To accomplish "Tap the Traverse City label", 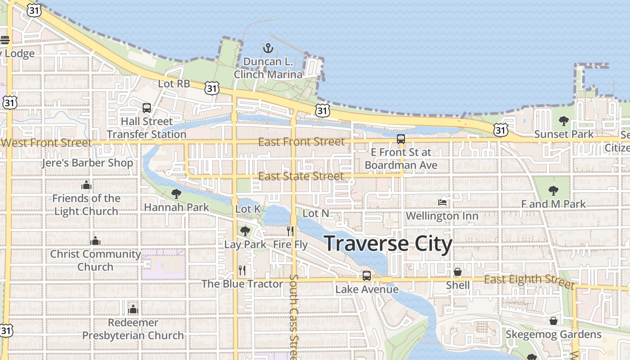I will pyautogui.click(x=388, y=243).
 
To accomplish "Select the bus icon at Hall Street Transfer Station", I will pyautogui.click(x=147, y=108).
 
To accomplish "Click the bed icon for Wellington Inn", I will pyautogui.click(x=442, y=202).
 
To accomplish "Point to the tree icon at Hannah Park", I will pyautogui.click(x=176, y=194).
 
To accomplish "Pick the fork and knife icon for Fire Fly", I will pyautogui.click(x=290, y=231).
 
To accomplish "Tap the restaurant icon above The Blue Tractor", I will pyautogui.click(x=242, y=270).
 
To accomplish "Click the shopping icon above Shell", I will pyautogui.click(x=458, y=272).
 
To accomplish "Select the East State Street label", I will pyautogui.click(x=301, y=176).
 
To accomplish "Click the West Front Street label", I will pyautogui.click(x=46, y=143).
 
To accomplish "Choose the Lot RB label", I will pyautogui.click(x=174, y=84).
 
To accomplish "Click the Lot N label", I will pyautogui.click(x=316, y=213).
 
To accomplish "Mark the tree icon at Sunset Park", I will pyautogui.click(x=563, y=121).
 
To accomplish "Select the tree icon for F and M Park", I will pyautogui.click(x=553, y=190).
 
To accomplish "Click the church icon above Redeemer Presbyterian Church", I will pyautogui.click(x=133, y=309).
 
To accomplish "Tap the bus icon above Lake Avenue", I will pyautogui.click(x=367, y=275).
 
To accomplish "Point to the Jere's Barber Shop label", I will pyautogui.click(x=87, y=163).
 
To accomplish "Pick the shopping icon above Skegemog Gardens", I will pyautogui.click(x=553, y=321).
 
